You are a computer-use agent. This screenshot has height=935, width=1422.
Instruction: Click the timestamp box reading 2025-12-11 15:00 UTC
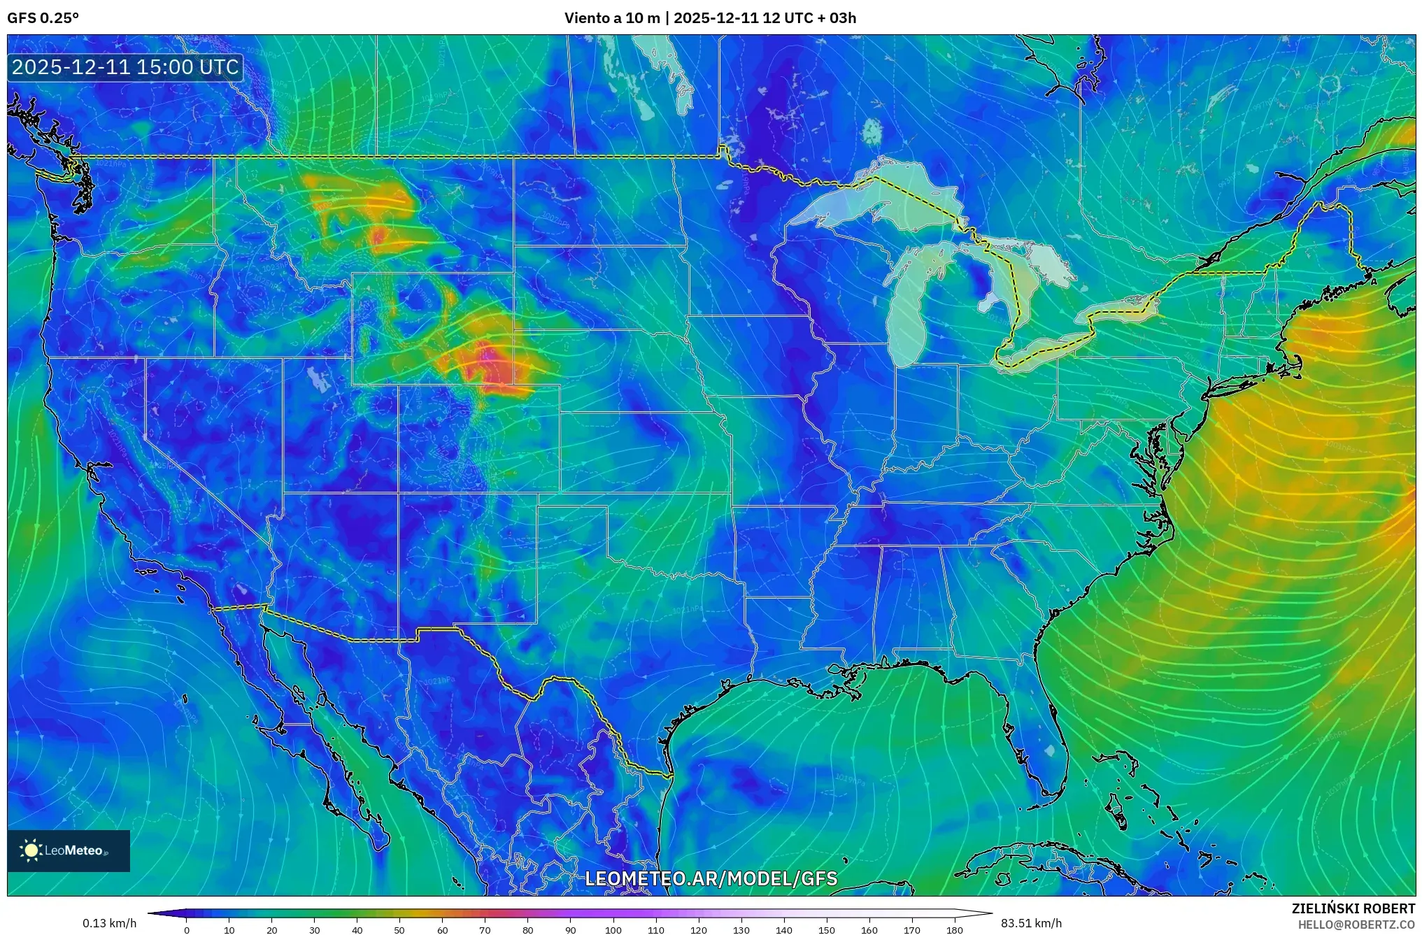125,67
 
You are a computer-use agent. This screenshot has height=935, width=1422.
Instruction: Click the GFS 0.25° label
43,18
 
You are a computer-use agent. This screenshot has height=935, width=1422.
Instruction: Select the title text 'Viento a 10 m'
611,18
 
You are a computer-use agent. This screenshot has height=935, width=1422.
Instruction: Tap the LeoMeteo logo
68,850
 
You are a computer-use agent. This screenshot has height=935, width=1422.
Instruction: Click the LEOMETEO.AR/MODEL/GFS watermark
711,878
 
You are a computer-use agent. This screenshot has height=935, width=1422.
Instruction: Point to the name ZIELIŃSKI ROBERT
1353,908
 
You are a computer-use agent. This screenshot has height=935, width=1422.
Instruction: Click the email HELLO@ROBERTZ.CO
1356,925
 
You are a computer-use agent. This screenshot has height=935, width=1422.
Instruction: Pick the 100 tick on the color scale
613,930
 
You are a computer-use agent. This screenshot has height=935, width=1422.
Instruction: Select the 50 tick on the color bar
399,930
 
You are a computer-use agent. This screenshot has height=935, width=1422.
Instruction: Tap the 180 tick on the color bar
955,930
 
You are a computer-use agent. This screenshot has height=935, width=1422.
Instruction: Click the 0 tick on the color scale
186,930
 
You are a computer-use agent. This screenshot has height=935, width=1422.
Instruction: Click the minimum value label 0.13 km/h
109,923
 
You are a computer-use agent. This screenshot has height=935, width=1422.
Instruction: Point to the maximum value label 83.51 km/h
1031,923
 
